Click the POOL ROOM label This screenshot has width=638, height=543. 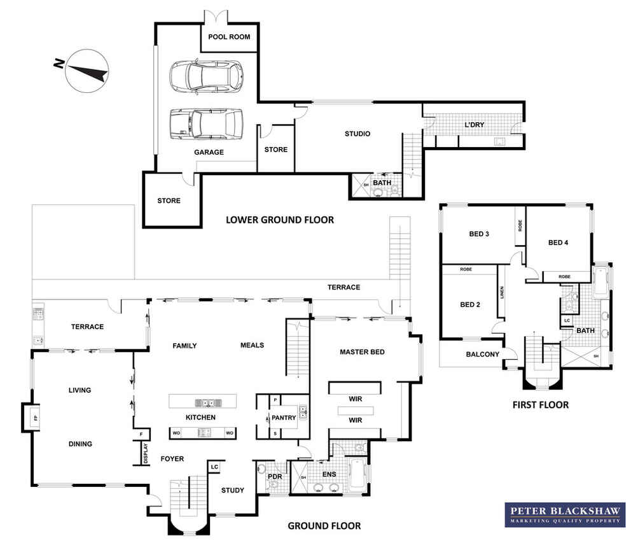(229, 37)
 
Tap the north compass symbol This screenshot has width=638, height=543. (87, 71)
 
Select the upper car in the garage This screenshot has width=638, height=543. (206, 76)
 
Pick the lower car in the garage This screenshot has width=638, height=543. (206, 123)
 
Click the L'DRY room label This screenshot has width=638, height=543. (475, 125)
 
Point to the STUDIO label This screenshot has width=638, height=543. (357, 134)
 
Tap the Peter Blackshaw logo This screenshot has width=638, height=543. (565, 514)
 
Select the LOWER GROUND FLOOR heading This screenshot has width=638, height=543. (280, 220)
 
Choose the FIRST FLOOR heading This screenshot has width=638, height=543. (540, 405)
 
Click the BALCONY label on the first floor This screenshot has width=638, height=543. (483, 354)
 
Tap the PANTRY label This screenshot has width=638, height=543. (284, 418)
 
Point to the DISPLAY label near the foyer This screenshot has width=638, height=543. (146, 453)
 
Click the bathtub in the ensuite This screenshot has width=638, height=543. (358, 474)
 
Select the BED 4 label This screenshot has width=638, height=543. (558, 243)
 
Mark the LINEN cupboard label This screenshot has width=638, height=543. (502, 292)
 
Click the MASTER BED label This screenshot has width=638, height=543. (362, 352)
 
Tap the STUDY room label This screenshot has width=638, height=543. (232, 491)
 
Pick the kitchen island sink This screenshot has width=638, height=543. (209, 403)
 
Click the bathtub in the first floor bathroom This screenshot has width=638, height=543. (600, 280)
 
